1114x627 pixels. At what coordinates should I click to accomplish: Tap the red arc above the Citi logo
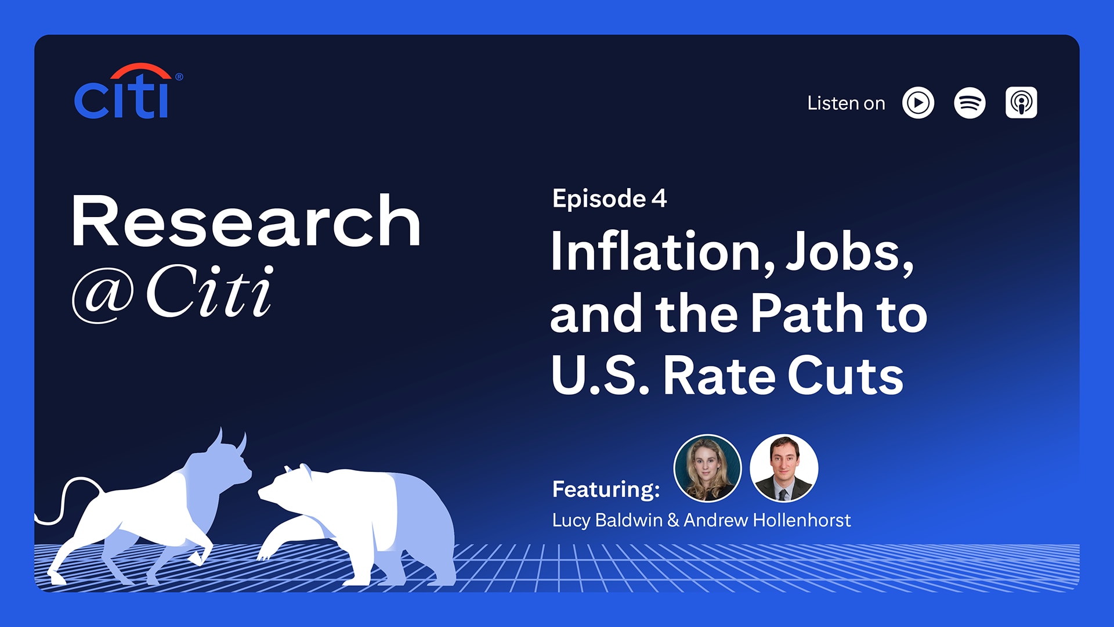click(141, 69)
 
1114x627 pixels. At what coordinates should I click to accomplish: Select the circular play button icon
click(918, 103)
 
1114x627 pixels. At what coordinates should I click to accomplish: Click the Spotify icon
click(970, 103)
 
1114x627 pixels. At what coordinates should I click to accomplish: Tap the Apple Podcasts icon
click(1021, 103)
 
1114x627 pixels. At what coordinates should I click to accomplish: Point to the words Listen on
click(846, 103)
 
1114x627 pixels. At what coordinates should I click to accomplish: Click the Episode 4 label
click(609, 199)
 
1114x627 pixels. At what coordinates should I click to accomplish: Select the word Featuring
click(606, 489)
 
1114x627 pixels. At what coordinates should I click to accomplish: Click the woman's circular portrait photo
click(707, 468)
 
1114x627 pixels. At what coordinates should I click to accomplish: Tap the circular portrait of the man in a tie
click(784, 468)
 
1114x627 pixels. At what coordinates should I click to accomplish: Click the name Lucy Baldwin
click(607, 520)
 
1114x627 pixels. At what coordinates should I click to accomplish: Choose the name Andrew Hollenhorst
click(767, 520)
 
